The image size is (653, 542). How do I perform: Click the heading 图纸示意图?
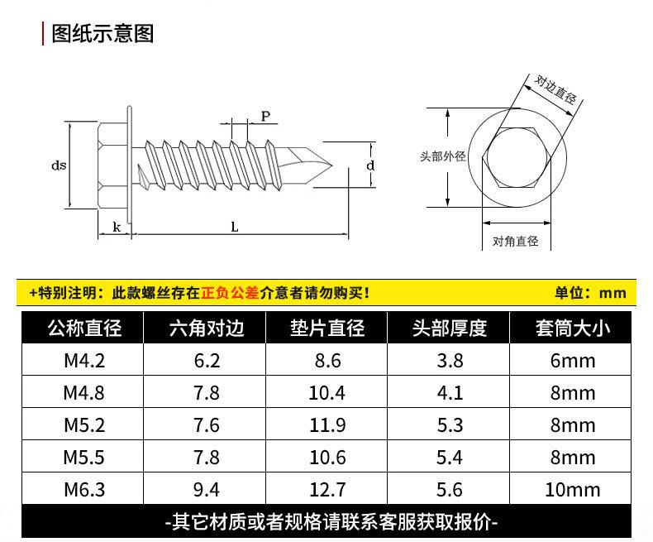[x=102, y=34]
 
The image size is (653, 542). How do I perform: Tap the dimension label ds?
[x=59, y=165]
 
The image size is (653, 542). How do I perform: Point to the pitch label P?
[x=265, y=117]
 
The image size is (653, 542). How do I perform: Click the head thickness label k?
[x=117, y=228]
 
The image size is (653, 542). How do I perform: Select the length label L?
[x=235, y=228]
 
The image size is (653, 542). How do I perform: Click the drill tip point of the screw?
[x=332, y=165]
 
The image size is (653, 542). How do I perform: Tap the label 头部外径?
[x=443, y=156]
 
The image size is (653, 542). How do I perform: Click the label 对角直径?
[x=516, y=241]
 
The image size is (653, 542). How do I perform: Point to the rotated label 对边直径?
[x=555, y=89]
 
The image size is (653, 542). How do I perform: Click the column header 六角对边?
[x=207, y=328]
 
